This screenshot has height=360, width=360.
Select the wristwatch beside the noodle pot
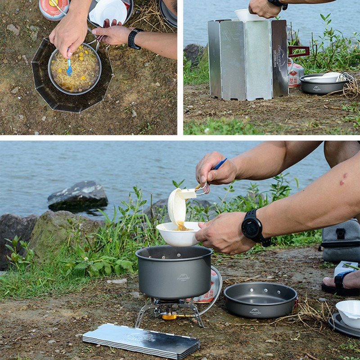point(134,39)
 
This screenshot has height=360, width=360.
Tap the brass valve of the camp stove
point(170,316)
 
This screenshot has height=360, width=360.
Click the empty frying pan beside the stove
point(260,299)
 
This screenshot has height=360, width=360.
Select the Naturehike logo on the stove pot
point(184,278)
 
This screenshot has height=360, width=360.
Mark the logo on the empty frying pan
point(255,311)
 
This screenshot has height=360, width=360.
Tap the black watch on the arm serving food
point(253,227)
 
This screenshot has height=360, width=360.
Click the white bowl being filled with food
point(179,234)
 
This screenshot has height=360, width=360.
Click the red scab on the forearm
point(343,179)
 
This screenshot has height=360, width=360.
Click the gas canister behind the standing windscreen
point(295,74)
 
